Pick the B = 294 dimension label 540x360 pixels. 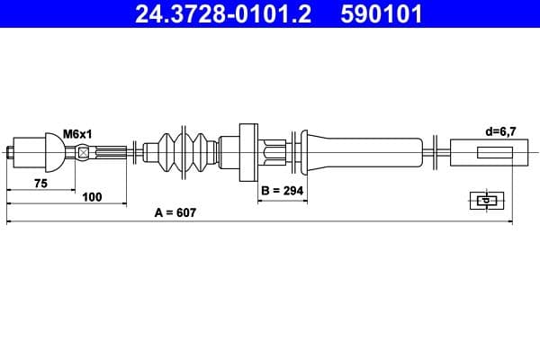pos(282,191)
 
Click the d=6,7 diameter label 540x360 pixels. pos(499,131)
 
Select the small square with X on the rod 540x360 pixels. pos(85,151)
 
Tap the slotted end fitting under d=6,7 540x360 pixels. pos(483,150)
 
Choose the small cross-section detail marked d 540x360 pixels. pos(486,200)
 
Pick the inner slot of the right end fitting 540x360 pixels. pos(494,151)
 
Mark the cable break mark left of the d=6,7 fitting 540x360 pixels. pos(436,150)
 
